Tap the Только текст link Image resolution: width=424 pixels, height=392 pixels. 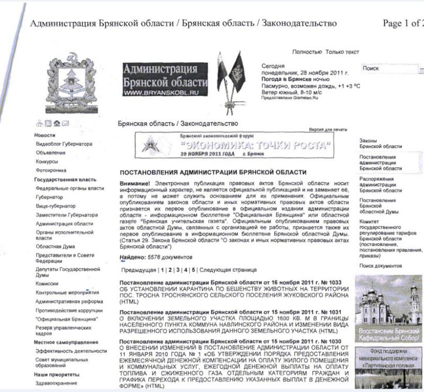click(342, 52)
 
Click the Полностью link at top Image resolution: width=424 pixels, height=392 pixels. click(306, 52)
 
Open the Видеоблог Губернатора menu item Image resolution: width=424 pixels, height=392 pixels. click(64, 144)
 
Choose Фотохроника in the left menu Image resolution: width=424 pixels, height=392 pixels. click(51, 171)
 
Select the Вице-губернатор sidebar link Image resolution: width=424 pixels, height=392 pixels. click(55, 206)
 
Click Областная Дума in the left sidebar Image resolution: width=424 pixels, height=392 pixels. click(55, 246)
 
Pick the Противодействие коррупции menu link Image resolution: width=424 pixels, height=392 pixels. click(69, 310)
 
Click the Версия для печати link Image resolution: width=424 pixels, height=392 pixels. click(328, 129)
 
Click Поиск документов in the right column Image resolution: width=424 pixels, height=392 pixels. click(381, 265)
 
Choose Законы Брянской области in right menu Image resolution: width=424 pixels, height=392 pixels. click(381, 143)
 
